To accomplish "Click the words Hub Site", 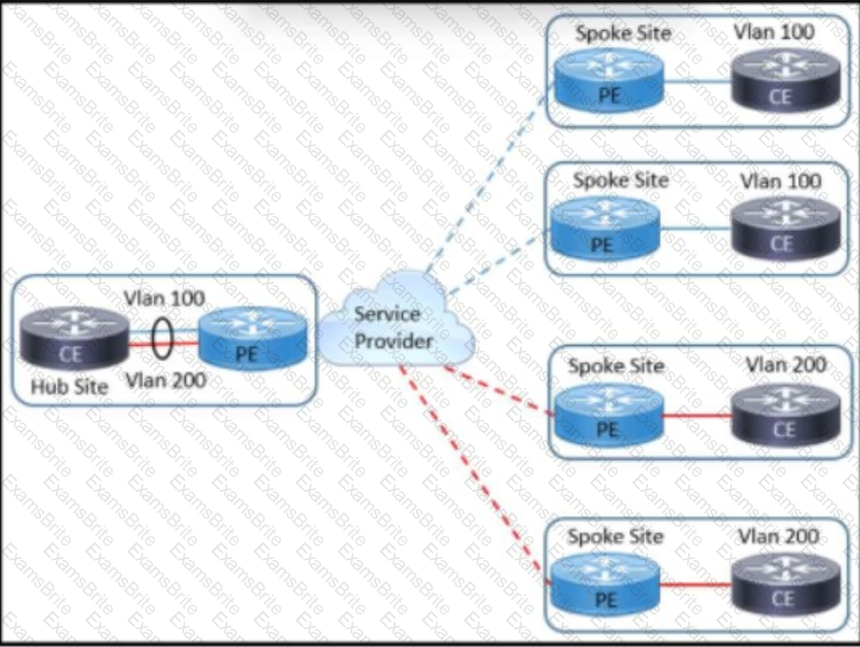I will pos(70,385).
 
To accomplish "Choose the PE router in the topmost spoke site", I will pos(607,81).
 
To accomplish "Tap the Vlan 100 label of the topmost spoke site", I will pos(775,32).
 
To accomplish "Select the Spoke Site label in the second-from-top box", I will pos(621,180).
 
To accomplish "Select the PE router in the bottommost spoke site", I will pos(607,585).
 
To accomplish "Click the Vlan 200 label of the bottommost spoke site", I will pos(779,537).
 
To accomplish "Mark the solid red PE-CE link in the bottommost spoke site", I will pos(696,585).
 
